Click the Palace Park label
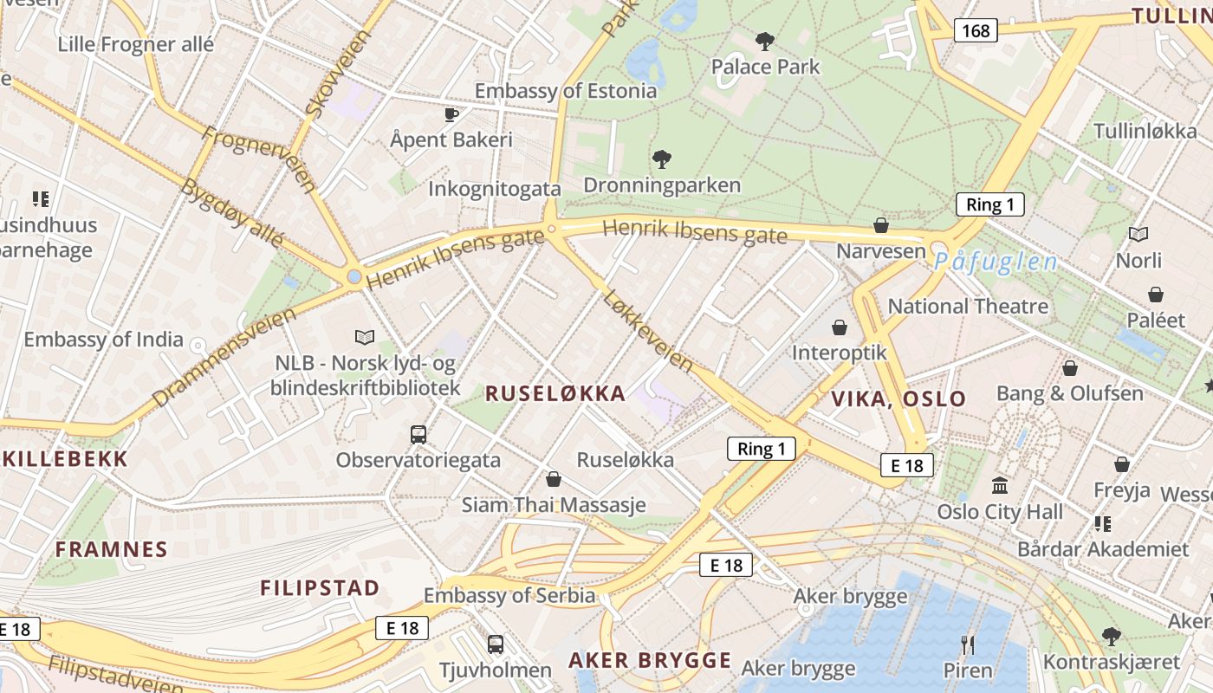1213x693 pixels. (x=765, y=67)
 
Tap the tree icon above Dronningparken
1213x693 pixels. (x=662, y=159)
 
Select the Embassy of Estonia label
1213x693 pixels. (x=566, y=91)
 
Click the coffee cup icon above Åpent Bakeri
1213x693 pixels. (x=451, y=114)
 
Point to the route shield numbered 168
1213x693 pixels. (x=976, y=31)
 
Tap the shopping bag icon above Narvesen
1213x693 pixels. (x=881, y=225)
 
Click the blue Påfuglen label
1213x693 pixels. (x=996, y=262)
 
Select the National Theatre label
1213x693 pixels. (x=968, y=307)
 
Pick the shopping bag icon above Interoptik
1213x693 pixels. (x=839, y=327)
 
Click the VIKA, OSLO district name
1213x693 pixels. (x=898, y=399)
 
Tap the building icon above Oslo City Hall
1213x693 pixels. (x=1000, y=485)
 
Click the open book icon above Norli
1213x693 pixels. (x=1138, y=234)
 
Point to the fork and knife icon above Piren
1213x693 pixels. (x=968, y=644)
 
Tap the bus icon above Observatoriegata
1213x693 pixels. (x=418, y=434)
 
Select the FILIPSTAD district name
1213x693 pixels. (x=320, y=588)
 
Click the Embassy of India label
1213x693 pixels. (x=103, y=340)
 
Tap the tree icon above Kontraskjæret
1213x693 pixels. (x=1111, y=637)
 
